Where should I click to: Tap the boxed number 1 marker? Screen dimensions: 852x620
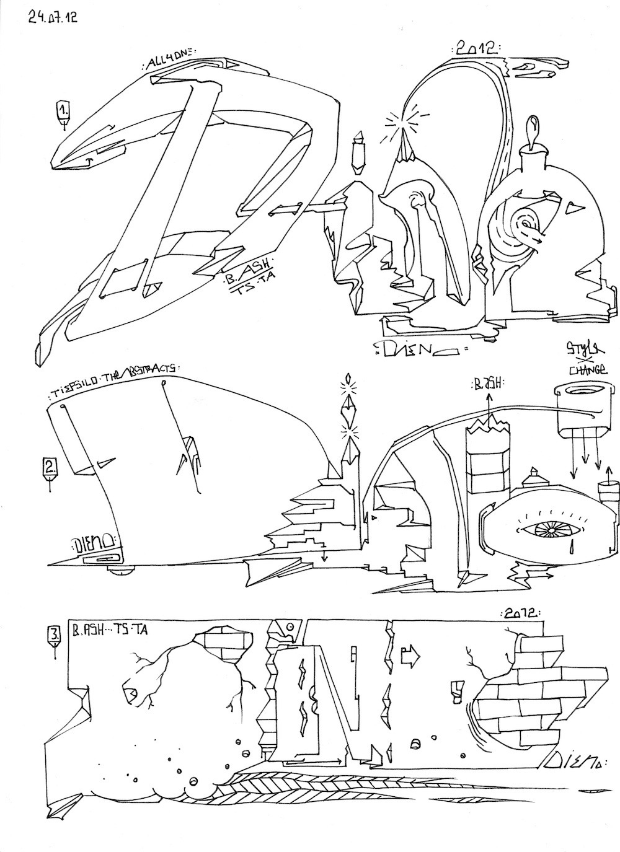tap(63, 111)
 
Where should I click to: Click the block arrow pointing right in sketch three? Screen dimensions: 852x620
tap(410, 652)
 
